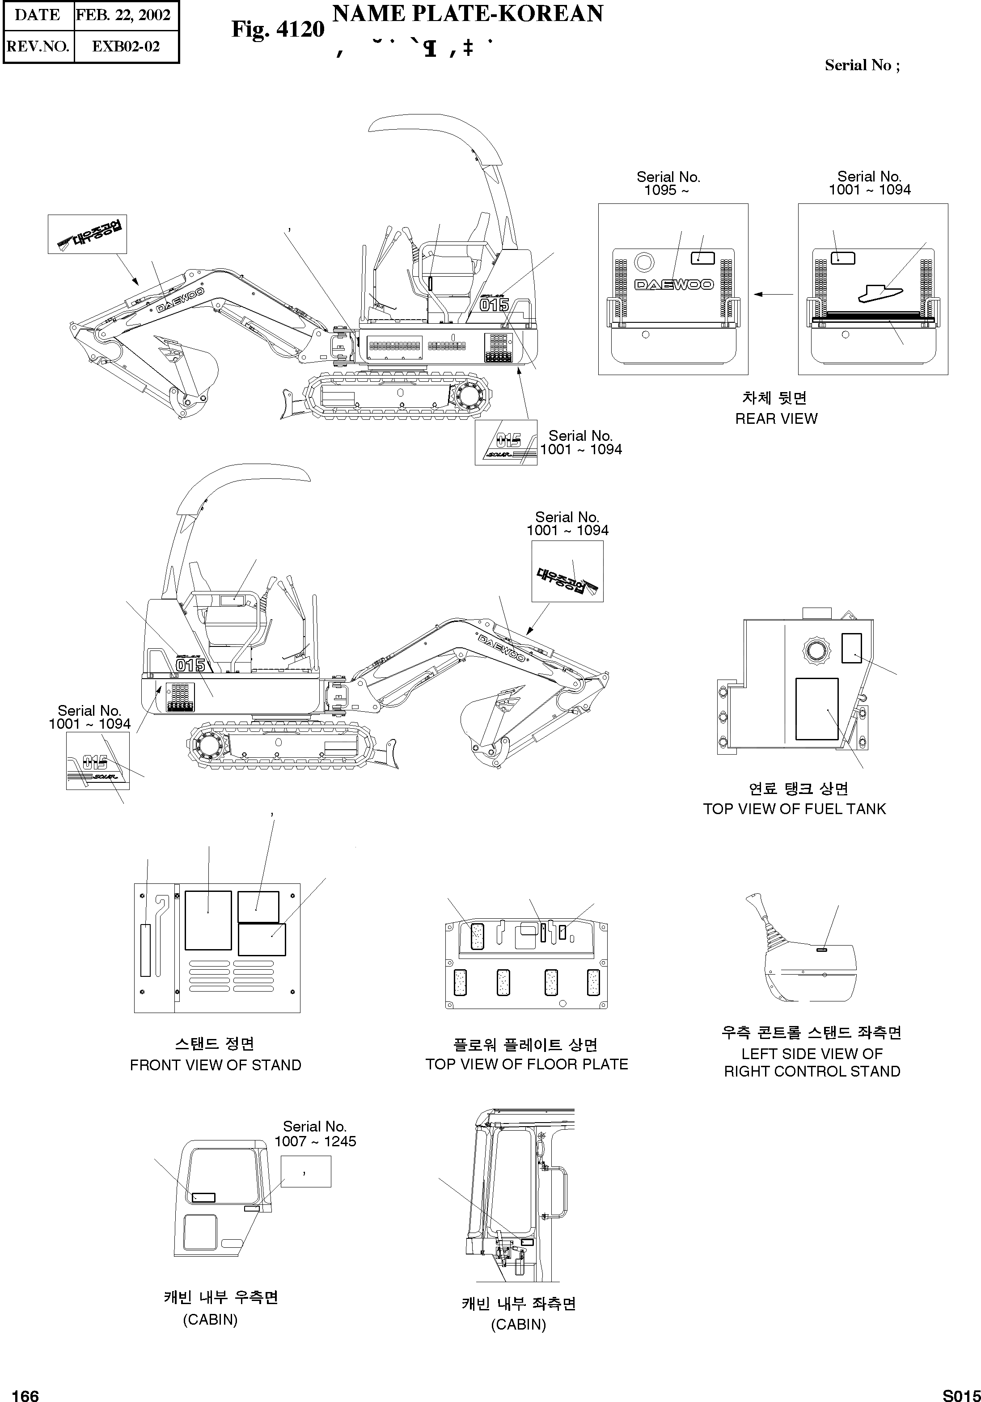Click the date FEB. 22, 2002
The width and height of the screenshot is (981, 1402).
point(123,15)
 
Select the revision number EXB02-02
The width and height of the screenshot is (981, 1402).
point(126,46)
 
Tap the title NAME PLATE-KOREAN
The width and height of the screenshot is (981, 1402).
point(467,13)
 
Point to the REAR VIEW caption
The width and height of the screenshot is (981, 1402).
point(776,419)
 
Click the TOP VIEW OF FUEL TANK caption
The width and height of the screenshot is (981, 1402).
point(794,809)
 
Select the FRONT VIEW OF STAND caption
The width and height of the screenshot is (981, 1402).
point(216,1065)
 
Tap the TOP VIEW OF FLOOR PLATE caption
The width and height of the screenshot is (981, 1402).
point(527,1064)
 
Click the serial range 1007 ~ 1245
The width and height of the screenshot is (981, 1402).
point(315,1141)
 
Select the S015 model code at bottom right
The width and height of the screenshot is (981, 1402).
point(961,1395)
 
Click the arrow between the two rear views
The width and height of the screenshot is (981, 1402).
point(773,294)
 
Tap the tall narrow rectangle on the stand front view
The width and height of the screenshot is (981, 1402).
point(145,950)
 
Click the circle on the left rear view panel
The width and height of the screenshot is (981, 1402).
point(644,262)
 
